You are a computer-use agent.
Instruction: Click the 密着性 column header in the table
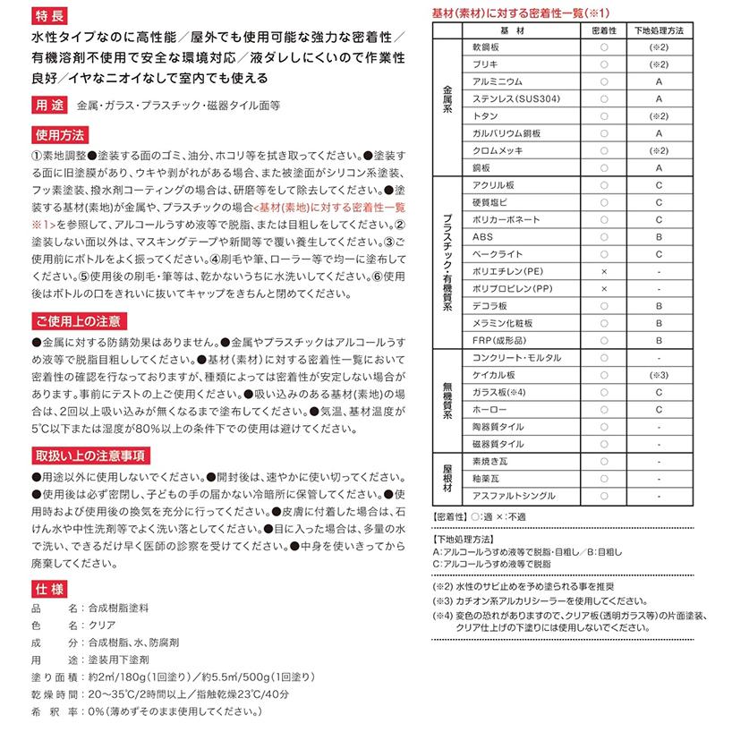[604, 30]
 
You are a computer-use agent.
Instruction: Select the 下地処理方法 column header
[658, 30]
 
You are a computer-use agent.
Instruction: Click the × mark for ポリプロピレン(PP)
[604, 288]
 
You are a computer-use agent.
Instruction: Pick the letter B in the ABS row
[659, 236]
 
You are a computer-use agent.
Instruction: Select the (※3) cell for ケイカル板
[659, 375]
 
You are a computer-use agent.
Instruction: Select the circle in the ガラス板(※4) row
[604, 392]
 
